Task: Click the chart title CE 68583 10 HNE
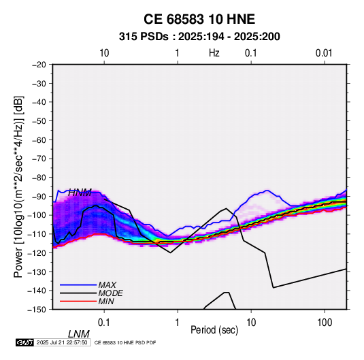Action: click(x=199, y=19)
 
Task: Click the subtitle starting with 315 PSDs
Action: click(x=199, y=37)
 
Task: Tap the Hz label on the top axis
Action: click(x=214, y=53)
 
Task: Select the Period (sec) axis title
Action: click(x=214, y=330)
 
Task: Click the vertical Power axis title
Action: click(x=18, y=186)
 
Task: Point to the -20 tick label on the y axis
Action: click(x=39, y=65)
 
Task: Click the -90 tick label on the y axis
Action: click(x=39, y=197)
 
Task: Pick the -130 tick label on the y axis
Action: click(x=37, y=272)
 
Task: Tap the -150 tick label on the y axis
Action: click(x=37, y=310)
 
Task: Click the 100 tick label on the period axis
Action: click(x=325, y=323)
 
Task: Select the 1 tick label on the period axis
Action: click(x=178, y=323)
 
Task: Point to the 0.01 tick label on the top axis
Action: click(x=324, y=53)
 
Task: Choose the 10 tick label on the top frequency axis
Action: click(x=104, y=53)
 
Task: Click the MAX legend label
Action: click(x=107, y=284)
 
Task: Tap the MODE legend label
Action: click(x=110, y=293)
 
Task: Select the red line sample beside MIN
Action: click(x=78, y=301)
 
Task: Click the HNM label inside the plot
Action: click(x=80, y=193)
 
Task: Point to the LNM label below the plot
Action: click(x=78, y=334)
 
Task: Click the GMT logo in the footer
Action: click(x=25, y=342)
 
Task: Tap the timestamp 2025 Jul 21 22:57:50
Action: click(x=62, y=342)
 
